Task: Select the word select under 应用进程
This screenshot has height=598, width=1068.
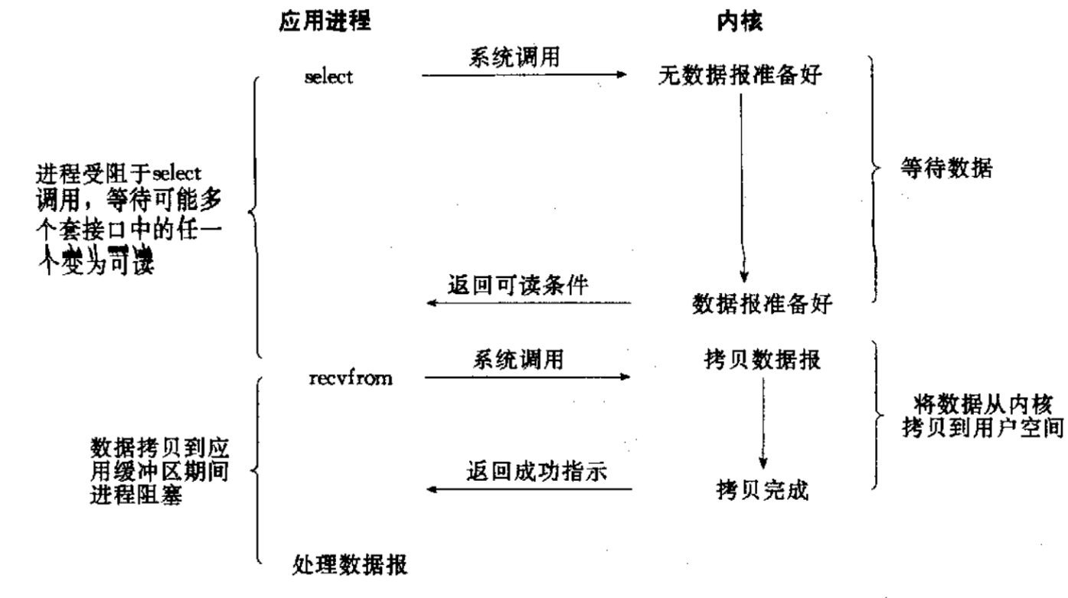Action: click(x=328, y=78)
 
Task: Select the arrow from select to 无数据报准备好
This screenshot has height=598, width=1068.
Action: click(x=524, y=75)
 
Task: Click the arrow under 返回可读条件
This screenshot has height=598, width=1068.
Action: click(x=528, y=303)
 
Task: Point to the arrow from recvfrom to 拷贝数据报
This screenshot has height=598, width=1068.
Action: click(x=527, y=377)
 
